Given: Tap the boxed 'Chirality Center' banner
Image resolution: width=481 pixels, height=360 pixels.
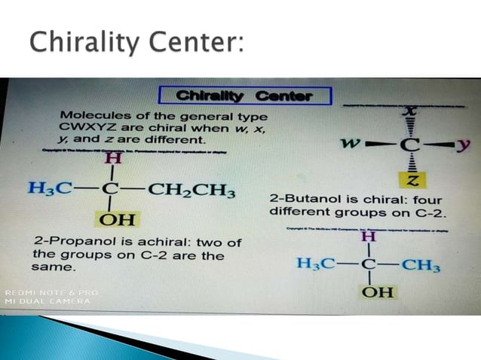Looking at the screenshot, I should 245,96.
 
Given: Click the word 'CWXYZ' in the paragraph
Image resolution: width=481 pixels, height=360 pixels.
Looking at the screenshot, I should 81,128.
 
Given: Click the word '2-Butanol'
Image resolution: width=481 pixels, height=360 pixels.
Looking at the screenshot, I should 296,200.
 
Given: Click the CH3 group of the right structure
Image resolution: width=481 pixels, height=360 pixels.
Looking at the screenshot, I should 421,264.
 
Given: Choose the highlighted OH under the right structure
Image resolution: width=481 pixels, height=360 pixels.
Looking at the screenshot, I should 377,291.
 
